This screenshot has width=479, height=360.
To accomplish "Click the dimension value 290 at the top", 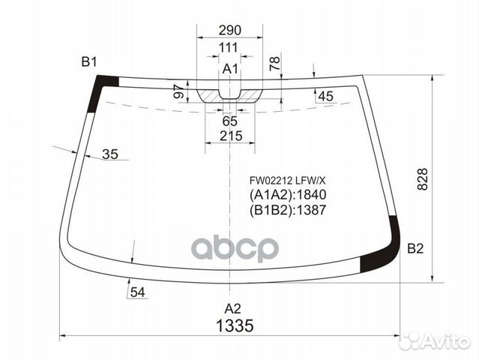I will point(229,31).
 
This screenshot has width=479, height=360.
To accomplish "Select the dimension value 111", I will point(229,48).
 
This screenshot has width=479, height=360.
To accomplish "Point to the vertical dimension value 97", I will point(178,91).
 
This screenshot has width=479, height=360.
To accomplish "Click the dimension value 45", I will point(325,96).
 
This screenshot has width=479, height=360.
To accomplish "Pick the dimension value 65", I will point(229,121).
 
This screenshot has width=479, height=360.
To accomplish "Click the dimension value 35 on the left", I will point(109,154).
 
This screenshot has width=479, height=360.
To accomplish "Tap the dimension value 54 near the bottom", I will point(136,292).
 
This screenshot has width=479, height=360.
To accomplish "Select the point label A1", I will point(230,70).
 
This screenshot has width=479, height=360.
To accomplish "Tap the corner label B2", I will point(416,249).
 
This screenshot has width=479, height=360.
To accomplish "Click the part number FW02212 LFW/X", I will point(288,180).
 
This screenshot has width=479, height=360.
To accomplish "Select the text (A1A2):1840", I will point(288,195).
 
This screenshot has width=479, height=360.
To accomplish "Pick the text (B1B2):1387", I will point(288,210).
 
